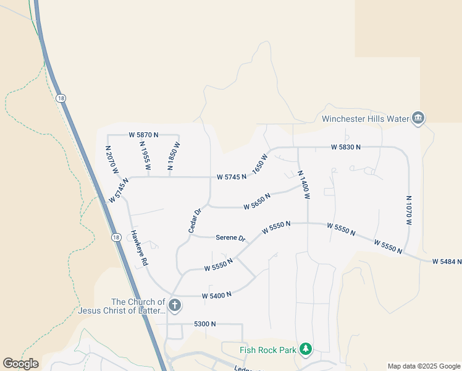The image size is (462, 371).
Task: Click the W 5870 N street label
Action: (143, 134)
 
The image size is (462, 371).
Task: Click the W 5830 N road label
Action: (345, 147)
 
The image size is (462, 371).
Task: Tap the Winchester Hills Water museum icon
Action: (418, 118)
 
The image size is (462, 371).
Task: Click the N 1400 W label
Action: (303, 184)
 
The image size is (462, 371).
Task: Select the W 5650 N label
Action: (258, 201)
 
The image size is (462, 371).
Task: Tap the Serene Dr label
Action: (230, 237)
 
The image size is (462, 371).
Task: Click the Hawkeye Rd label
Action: (139, 249)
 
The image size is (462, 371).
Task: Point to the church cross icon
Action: (175, 305)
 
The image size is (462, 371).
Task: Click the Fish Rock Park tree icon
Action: (305, 350)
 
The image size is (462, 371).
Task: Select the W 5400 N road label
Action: (216, 295)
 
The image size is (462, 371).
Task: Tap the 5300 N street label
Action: (204, 323)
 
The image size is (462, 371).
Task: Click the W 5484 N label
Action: (447, 262)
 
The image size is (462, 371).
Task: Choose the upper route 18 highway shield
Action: (60, 98)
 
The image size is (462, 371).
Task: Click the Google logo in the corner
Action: (20, 364)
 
